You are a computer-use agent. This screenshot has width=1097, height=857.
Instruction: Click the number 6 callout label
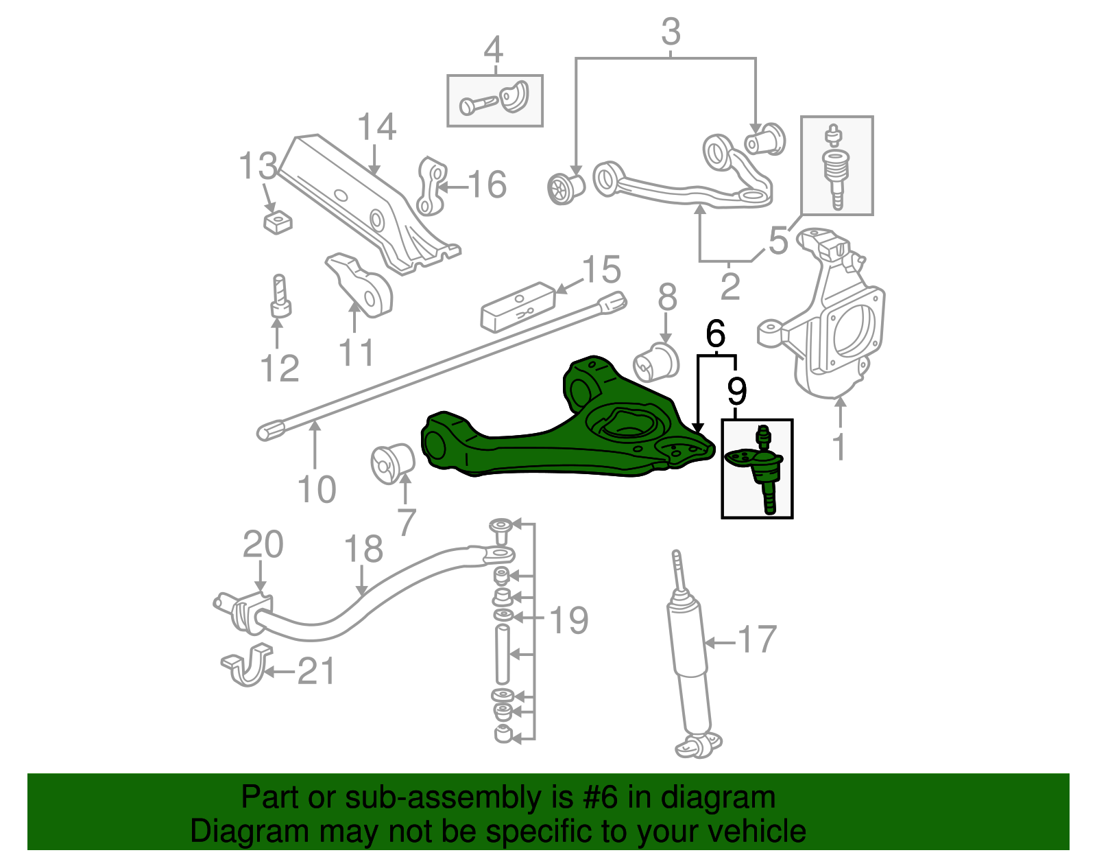tap(715, 335)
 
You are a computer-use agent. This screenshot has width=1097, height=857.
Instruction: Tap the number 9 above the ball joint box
tap(736, 391)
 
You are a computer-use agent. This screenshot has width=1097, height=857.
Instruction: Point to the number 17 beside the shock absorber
tap(756, 639)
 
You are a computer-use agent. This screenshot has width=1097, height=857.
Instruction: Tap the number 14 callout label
tap(376, 127)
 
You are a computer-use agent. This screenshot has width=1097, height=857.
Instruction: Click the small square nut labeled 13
tap(277, 222)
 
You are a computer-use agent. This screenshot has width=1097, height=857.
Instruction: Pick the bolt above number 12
tap(280, 296)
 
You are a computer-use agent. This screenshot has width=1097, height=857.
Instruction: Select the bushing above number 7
tap(393, 462)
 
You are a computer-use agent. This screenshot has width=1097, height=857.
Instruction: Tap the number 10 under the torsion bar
tap(317, 490)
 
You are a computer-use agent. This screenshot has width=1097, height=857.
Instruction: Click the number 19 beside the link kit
tap(568, 620)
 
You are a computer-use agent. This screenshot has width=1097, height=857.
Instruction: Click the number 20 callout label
tap(263, 545)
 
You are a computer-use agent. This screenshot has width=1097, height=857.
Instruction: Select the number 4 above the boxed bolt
tap(493, 50)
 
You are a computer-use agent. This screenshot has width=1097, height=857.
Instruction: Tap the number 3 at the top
tap(671, 32)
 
